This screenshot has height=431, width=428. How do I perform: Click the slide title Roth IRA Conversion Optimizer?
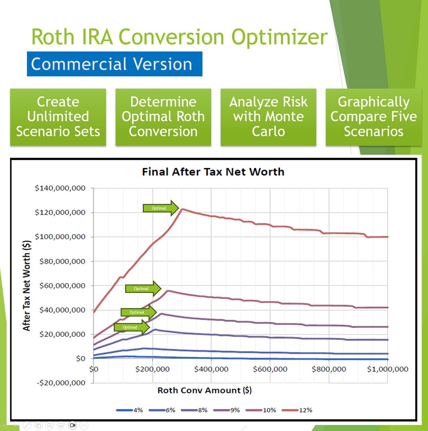point(179,37)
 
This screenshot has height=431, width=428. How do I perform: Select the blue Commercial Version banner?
point(115,64)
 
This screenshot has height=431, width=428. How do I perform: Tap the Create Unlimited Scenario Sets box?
point(58,117)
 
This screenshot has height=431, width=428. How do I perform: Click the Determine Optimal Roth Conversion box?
point(163,117)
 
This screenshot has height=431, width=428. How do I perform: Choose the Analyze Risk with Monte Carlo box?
point(268,117)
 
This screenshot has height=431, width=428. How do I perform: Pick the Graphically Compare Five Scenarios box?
point(373,117)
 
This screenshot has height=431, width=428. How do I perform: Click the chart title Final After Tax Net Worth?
point(213,172)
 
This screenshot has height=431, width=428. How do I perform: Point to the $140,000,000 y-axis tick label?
point(60,189)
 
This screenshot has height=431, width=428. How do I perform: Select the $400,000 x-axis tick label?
point(211,369)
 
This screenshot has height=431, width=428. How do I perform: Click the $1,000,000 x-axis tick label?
point(387,369)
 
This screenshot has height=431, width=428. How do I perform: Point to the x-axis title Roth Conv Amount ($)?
point(204,390)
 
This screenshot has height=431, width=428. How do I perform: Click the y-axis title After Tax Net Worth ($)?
point(27,286)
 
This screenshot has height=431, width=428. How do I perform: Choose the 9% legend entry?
point(229,410)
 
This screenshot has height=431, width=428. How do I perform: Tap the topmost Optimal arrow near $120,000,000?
point(160,208)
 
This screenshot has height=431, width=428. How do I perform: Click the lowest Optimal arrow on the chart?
point(132,327)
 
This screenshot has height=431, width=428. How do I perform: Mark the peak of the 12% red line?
point(182,209)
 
